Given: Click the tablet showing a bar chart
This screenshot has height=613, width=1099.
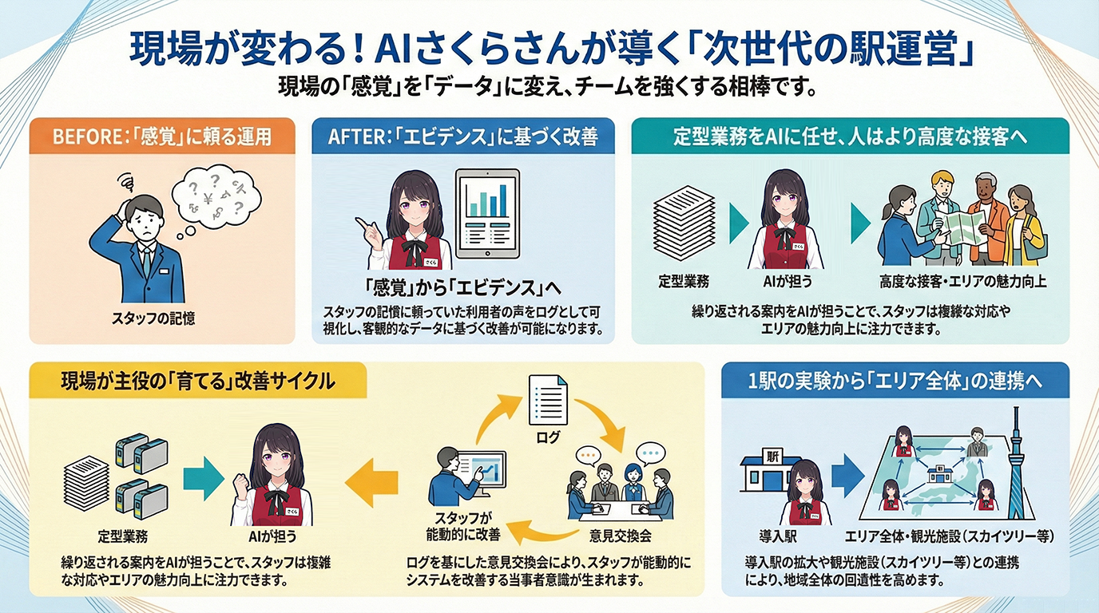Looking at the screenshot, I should [x=486, y=213].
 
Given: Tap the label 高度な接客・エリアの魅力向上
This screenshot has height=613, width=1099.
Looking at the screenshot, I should [x=962, y=281].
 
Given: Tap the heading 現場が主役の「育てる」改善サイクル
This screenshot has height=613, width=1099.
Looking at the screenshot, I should [x=198, y=381].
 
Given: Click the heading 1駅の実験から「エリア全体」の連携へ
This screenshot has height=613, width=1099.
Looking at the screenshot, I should [x=895, y=381].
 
